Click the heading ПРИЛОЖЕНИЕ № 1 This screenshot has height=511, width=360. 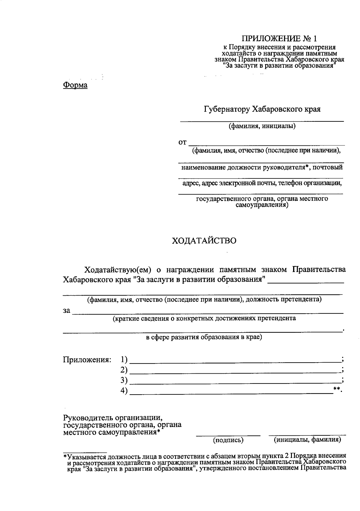click(x=279, y=39)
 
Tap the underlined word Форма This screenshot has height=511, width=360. click(x=75, y=85)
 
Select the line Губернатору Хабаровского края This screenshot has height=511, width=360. click(x=262, y=109)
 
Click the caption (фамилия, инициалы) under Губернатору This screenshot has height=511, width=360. click(x=262, y=126)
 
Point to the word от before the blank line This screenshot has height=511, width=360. click(x=182, y=142)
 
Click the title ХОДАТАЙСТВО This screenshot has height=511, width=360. click(x=204, y=241)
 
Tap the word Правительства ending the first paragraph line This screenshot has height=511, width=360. click(x=319, y=269)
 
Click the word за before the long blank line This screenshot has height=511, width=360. click(x=66, y=311)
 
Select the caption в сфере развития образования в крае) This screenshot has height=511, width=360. click(x=204, y=337)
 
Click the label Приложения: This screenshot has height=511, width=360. click(x=87, y=360)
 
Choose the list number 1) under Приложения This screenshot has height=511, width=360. click(x=124, y=360)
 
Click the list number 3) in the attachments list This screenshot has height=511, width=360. click(x=124, y=381)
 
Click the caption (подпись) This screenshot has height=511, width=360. click(x=228, y=440)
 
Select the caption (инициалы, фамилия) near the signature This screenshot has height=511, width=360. click(x=307, y=440)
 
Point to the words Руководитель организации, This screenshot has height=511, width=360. click(x=113, y=417)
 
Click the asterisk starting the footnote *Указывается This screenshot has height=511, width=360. click(x=65, y=457)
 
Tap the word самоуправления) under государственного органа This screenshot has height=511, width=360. click(x=262, y=205)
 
